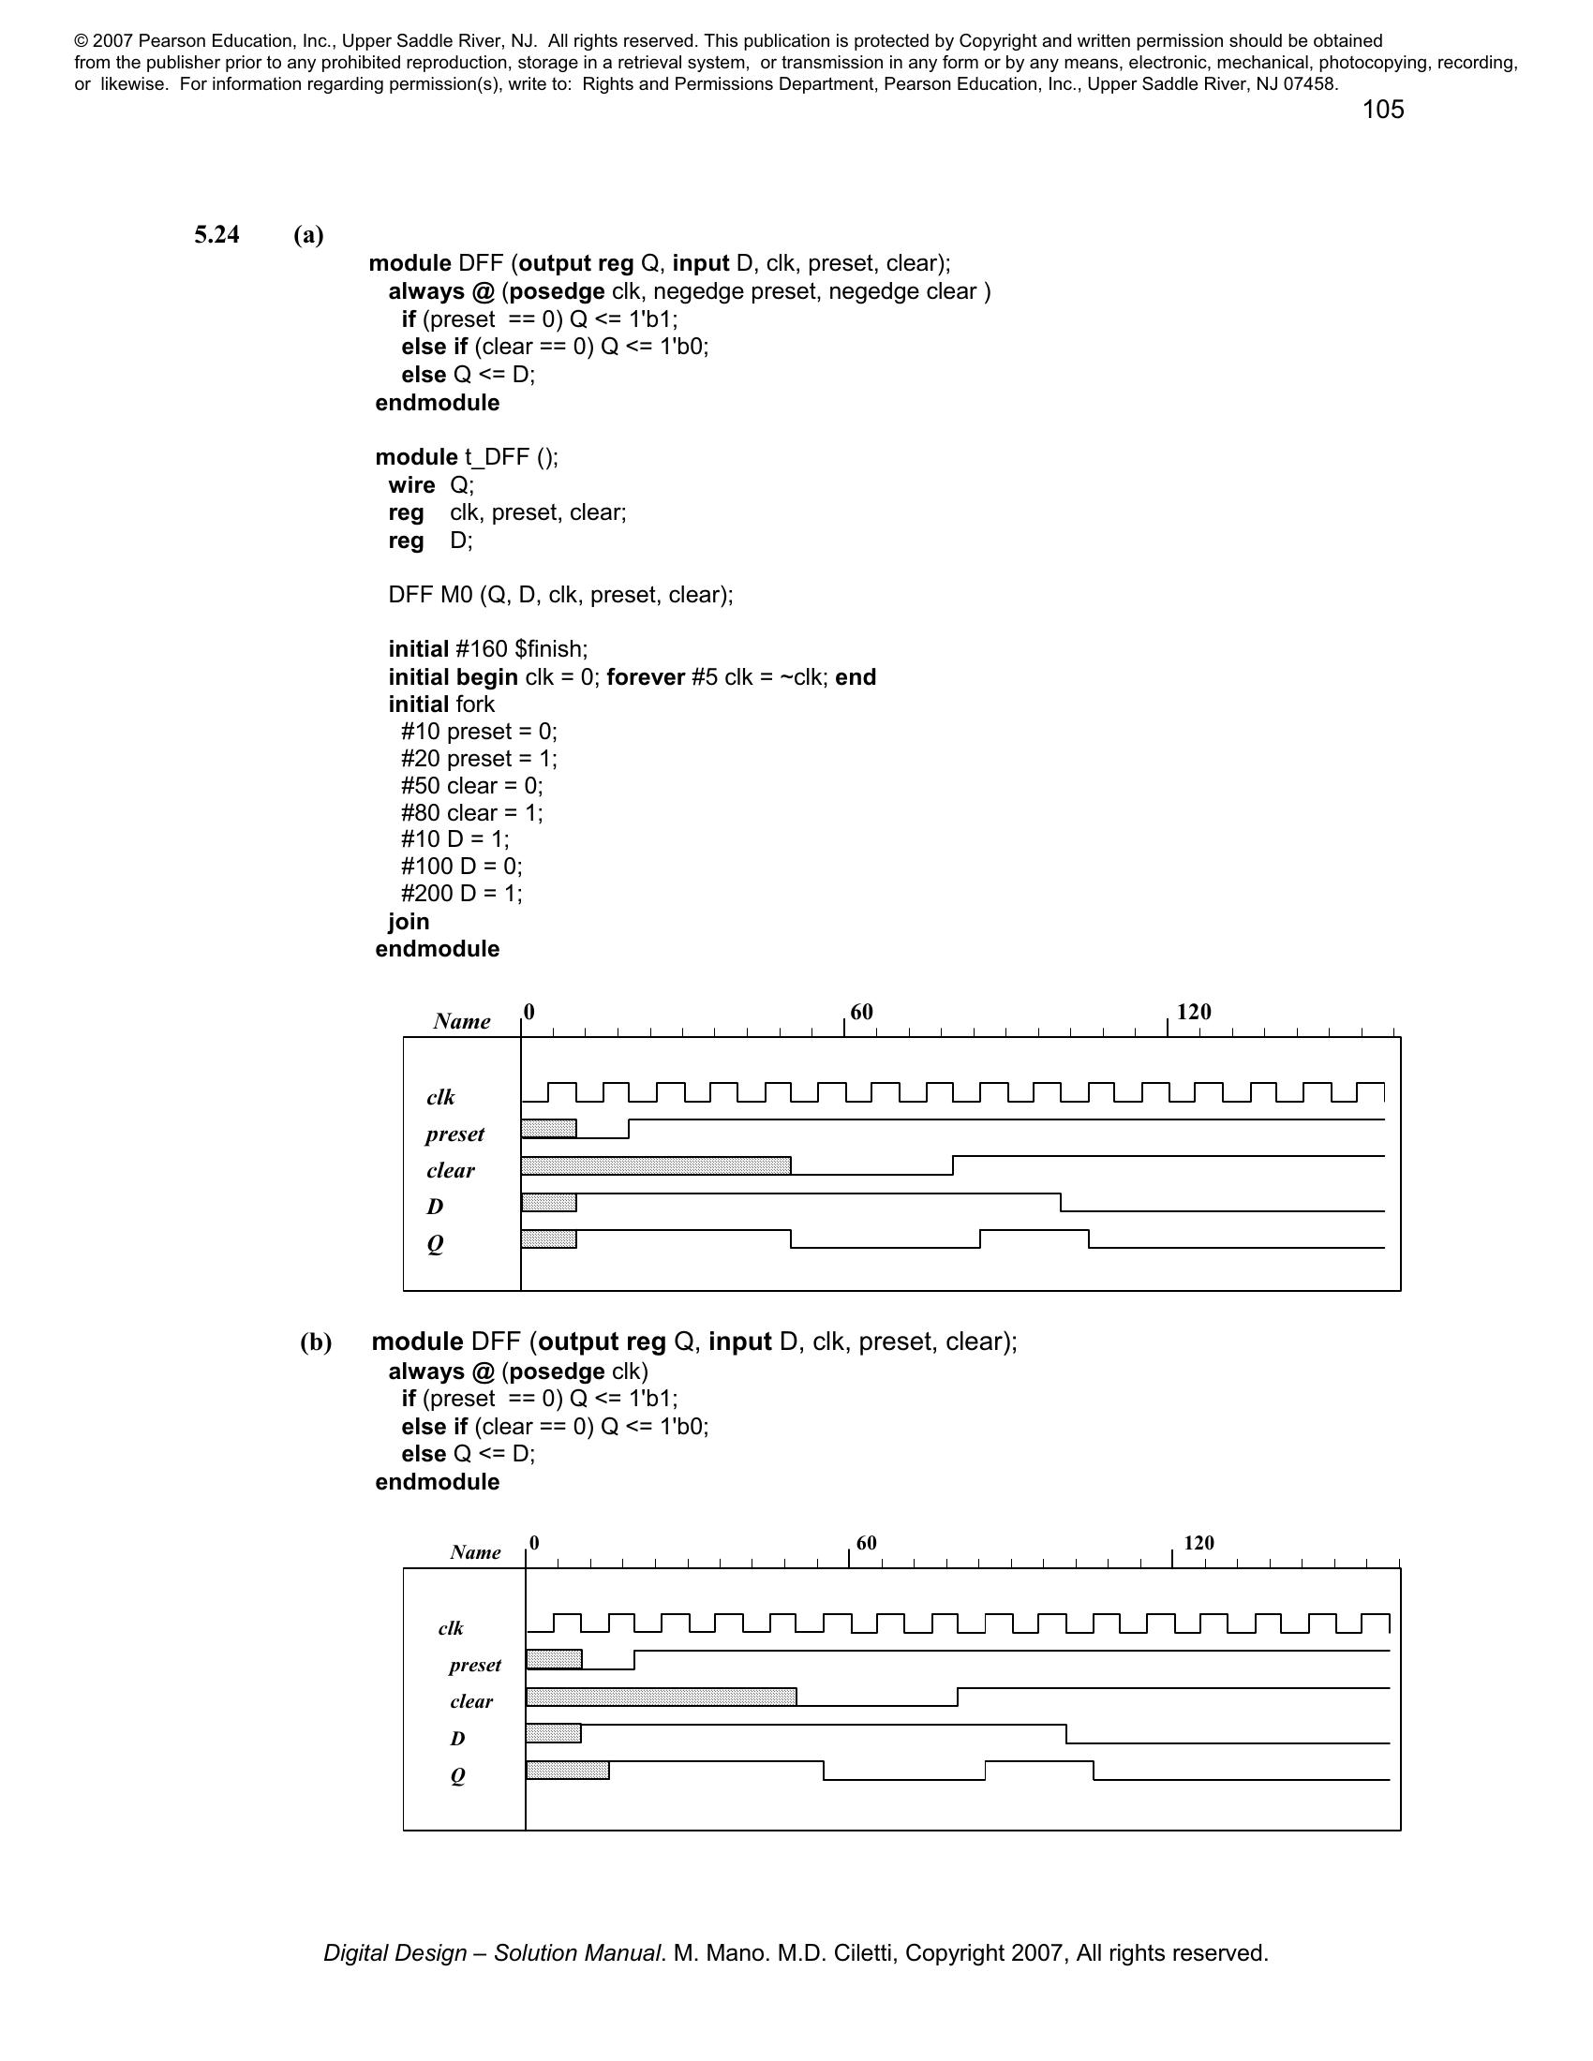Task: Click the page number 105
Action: tap(1382, 110)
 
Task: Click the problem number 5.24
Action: tap(217, 234)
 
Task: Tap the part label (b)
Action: tap(316, 1342)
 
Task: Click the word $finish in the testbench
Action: tap(551, 649)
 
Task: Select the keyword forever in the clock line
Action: tap(648, 677)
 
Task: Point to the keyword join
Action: tap(409, 922)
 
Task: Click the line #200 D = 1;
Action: tap(461, 894)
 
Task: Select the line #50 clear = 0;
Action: tap(472, 786)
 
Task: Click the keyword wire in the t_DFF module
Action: tap(411, 485)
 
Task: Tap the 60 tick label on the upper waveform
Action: tap(861, 1012)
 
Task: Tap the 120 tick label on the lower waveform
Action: tap(1198, 1543)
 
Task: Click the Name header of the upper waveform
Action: tap(461, 1021)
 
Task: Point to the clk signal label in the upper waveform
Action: tap(440, 1097)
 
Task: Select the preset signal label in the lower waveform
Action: tap(475, 1665)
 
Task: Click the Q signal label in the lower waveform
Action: tap(457, 1775)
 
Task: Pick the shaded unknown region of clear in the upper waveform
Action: tap(656, 1165)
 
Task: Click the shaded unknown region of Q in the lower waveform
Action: tap(567, 1771)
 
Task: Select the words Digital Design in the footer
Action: tap(395, 1953)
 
